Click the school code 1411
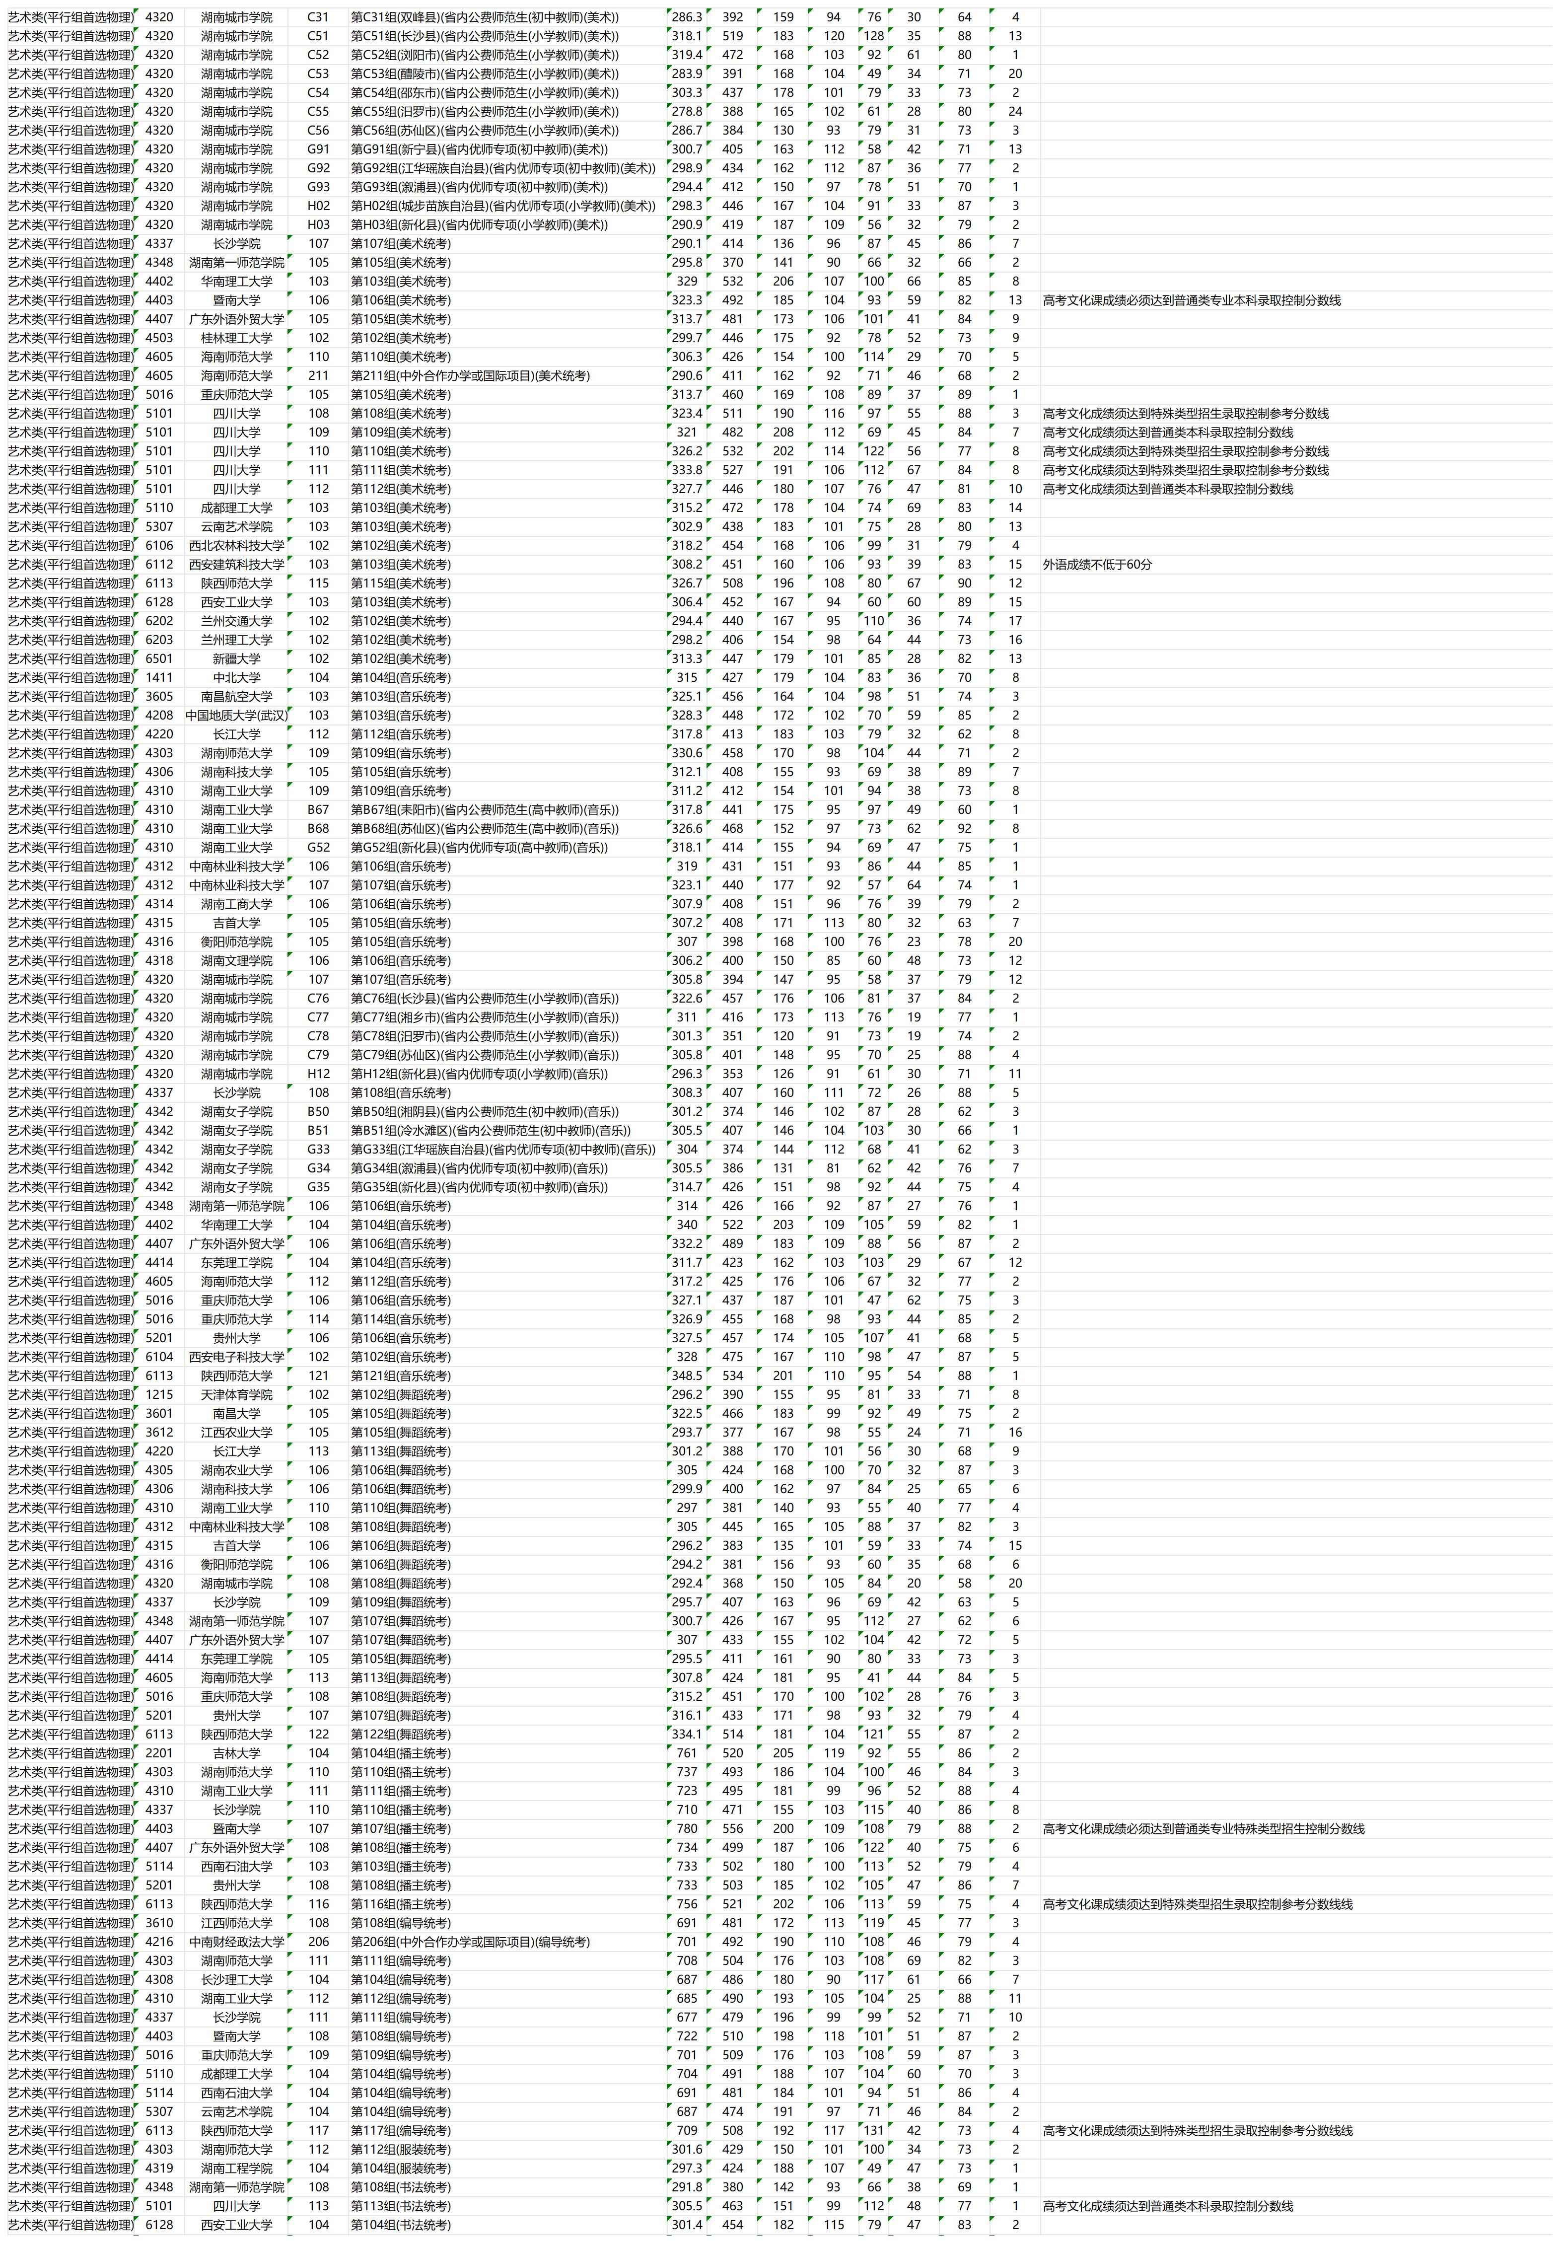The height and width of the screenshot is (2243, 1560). (x=159, y=678)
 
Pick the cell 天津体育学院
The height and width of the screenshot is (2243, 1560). (x=236, y=1395)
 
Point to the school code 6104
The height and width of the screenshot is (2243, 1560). (x=159, y=1357)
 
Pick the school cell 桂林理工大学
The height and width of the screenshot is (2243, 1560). (x=236, y=338)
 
